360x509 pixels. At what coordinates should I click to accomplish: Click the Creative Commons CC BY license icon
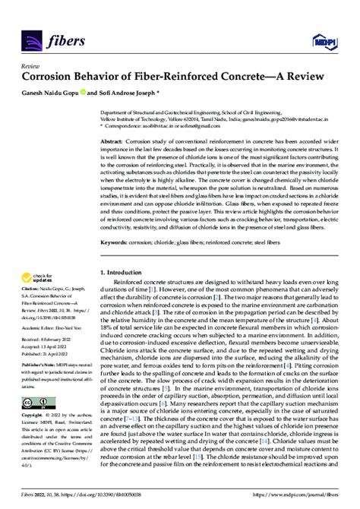point(39,401)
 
